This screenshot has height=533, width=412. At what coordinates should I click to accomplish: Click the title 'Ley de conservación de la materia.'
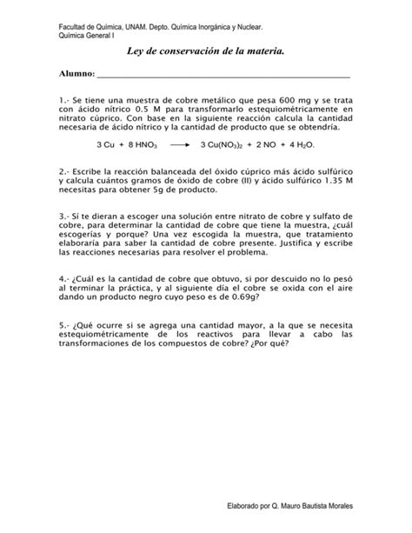tap(206, 54)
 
